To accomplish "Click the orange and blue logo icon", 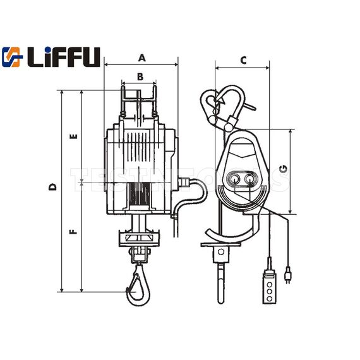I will tap(12, 57).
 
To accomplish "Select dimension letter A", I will tap(141, 57).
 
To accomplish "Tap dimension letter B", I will tap(140, 77).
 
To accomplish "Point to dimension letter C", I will tap(243, 60).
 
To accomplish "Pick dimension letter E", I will tap(74, 136).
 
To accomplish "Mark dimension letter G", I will tap(284, 169).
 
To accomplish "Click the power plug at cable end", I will tap(289, 276).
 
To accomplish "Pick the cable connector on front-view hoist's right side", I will tap(184, 183).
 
